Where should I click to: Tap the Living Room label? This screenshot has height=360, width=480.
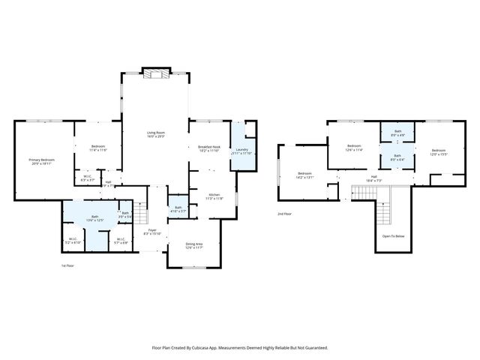pyautogui.click(x=155, y=133)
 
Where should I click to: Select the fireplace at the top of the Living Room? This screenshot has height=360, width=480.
pyautogui.click(x=156, y=73)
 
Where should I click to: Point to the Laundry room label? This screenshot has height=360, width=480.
pyautogui.click(x=241, y=150)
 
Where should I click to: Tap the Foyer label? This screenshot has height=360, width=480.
pyautogui.click(x=151, y=230)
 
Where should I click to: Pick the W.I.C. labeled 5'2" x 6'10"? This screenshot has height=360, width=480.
pyautogui.click(x=73, y=239)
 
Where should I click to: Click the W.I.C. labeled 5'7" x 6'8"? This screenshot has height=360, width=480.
pyautogui.click(x=120, y=239)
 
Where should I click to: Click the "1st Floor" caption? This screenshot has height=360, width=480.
pyautogui.click(x=68, y=265)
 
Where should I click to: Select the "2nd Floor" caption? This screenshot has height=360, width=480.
pyautogui.click(x=285, y=214)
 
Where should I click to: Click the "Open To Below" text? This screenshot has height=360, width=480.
pyautogui.click(x=393, y=235)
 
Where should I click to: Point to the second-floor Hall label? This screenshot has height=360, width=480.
pyautogui.click(x=373, y=178)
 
